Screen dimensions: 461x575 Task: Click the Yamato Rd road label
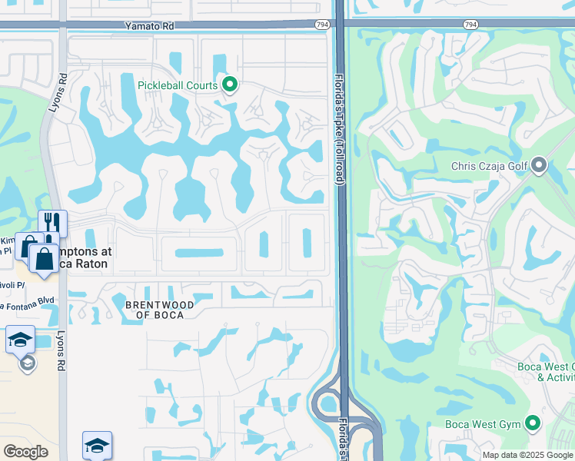click(150, 25)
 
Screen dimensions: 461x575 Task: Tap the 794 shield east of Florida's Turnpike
click(470, 25)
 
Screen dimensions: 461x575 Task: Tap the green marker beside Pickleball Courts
click(228, 85)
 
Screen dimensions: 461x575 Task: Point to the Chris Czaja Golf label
click(490, 165)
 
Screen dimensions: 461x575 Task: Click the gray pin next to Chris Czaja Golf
click(539, 165)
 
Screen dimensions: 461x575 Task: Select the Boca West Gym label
click(483, 423)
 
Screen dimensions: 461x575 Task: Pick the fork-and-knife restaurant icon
click(52, 223)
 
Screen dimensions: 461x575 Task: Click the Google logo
click(25, 452)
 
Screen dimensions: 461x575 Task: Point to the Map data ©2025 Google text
click(527, 455)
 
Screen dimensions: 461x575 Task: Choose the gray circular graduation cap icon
click(28, 363)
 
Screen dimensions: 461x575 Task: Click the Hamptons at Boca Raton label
click(81, 257)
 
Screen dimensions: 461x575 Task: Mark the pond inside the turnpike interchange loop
click(330, 403)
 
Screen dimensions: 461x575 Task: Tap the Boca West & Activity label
click(555, 372)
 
